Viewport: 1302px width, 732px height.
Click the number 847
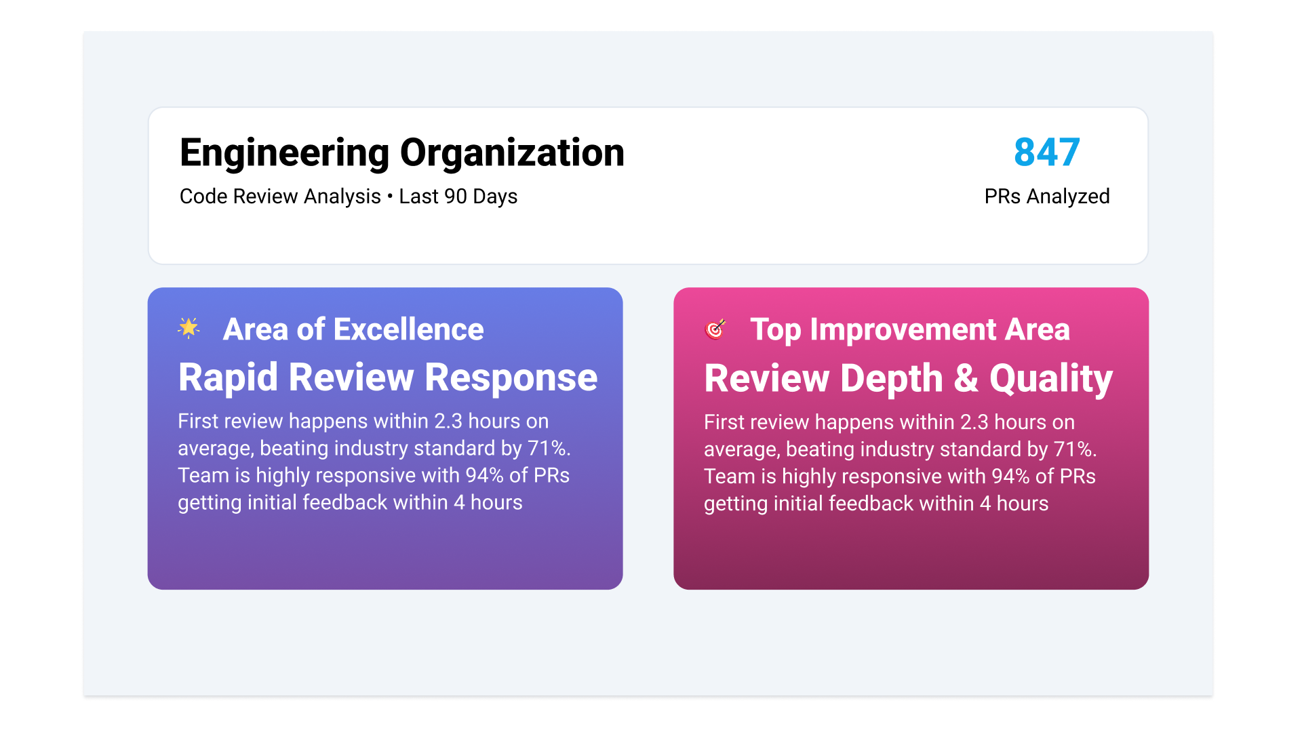pos(1046,152)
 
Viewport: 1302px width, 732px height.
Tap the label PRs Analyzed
pos(1047,197)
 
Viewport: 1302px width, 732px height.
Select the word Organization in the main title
pos(512,152)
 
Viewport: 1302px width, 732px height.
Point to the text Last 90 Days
pos(458,197)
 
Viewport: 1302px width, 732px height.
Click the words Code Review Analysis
pos(280,197)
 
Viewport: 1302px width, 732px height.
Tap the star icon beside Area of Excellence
pos(189,328)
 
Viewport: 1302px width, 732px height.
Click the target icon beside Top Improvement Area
pos(715,329)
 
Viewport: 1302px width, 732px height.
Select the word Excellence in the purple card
pos(409,329)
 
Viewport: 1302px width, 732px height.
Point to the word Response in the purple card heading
pos(511,378)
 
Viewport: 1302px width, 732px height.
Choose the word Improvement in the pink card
pos(903,330)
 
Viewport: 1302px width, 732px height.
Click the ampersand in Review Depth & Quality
pos(966,378)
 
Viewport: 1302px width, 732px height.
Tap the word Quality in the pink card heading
pos(1051,379)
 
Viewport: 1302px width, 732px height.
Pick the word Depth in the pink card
pos(892,379)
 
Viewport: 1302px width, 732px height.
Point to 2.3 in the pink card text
pos(974,422)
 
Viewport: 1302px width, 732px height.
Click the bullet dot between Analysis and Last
pos(390,197)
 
